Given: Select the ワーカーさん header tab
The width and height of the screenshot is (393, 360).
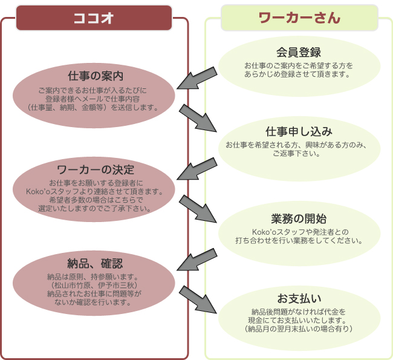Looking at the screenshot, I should click(299, 18).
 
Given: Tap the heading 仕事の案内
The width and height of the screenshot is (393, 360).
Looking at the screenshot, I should click(96, 76).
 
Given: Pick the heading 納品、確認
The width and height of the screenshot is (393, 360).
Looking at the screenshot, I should click(96, 263).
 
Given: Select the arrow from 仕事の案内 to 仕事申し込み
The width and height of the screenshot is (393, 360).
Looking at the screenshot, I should click(198, 118).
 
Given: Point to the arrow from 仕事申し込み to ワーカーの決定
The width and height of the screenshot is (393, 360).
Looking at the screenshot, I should click(197, 169).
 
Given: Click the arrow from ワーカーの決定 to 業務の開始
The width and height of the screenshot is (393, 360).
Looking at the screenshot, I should click(198, 208).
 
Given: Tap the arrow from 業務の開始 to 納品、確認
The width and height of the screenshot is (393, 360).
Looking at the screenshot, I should click(197, 260).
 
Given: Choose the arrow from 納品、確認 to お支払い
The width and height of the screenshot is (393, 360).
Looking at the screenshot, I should click(198, 299).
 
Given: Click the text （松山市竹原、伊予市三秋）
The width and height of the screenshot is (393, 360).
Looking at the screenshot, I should click(96, 285).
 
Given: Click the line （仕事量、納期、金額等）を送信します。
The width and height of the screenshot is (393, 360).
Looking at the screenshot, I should click(96, 107).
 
